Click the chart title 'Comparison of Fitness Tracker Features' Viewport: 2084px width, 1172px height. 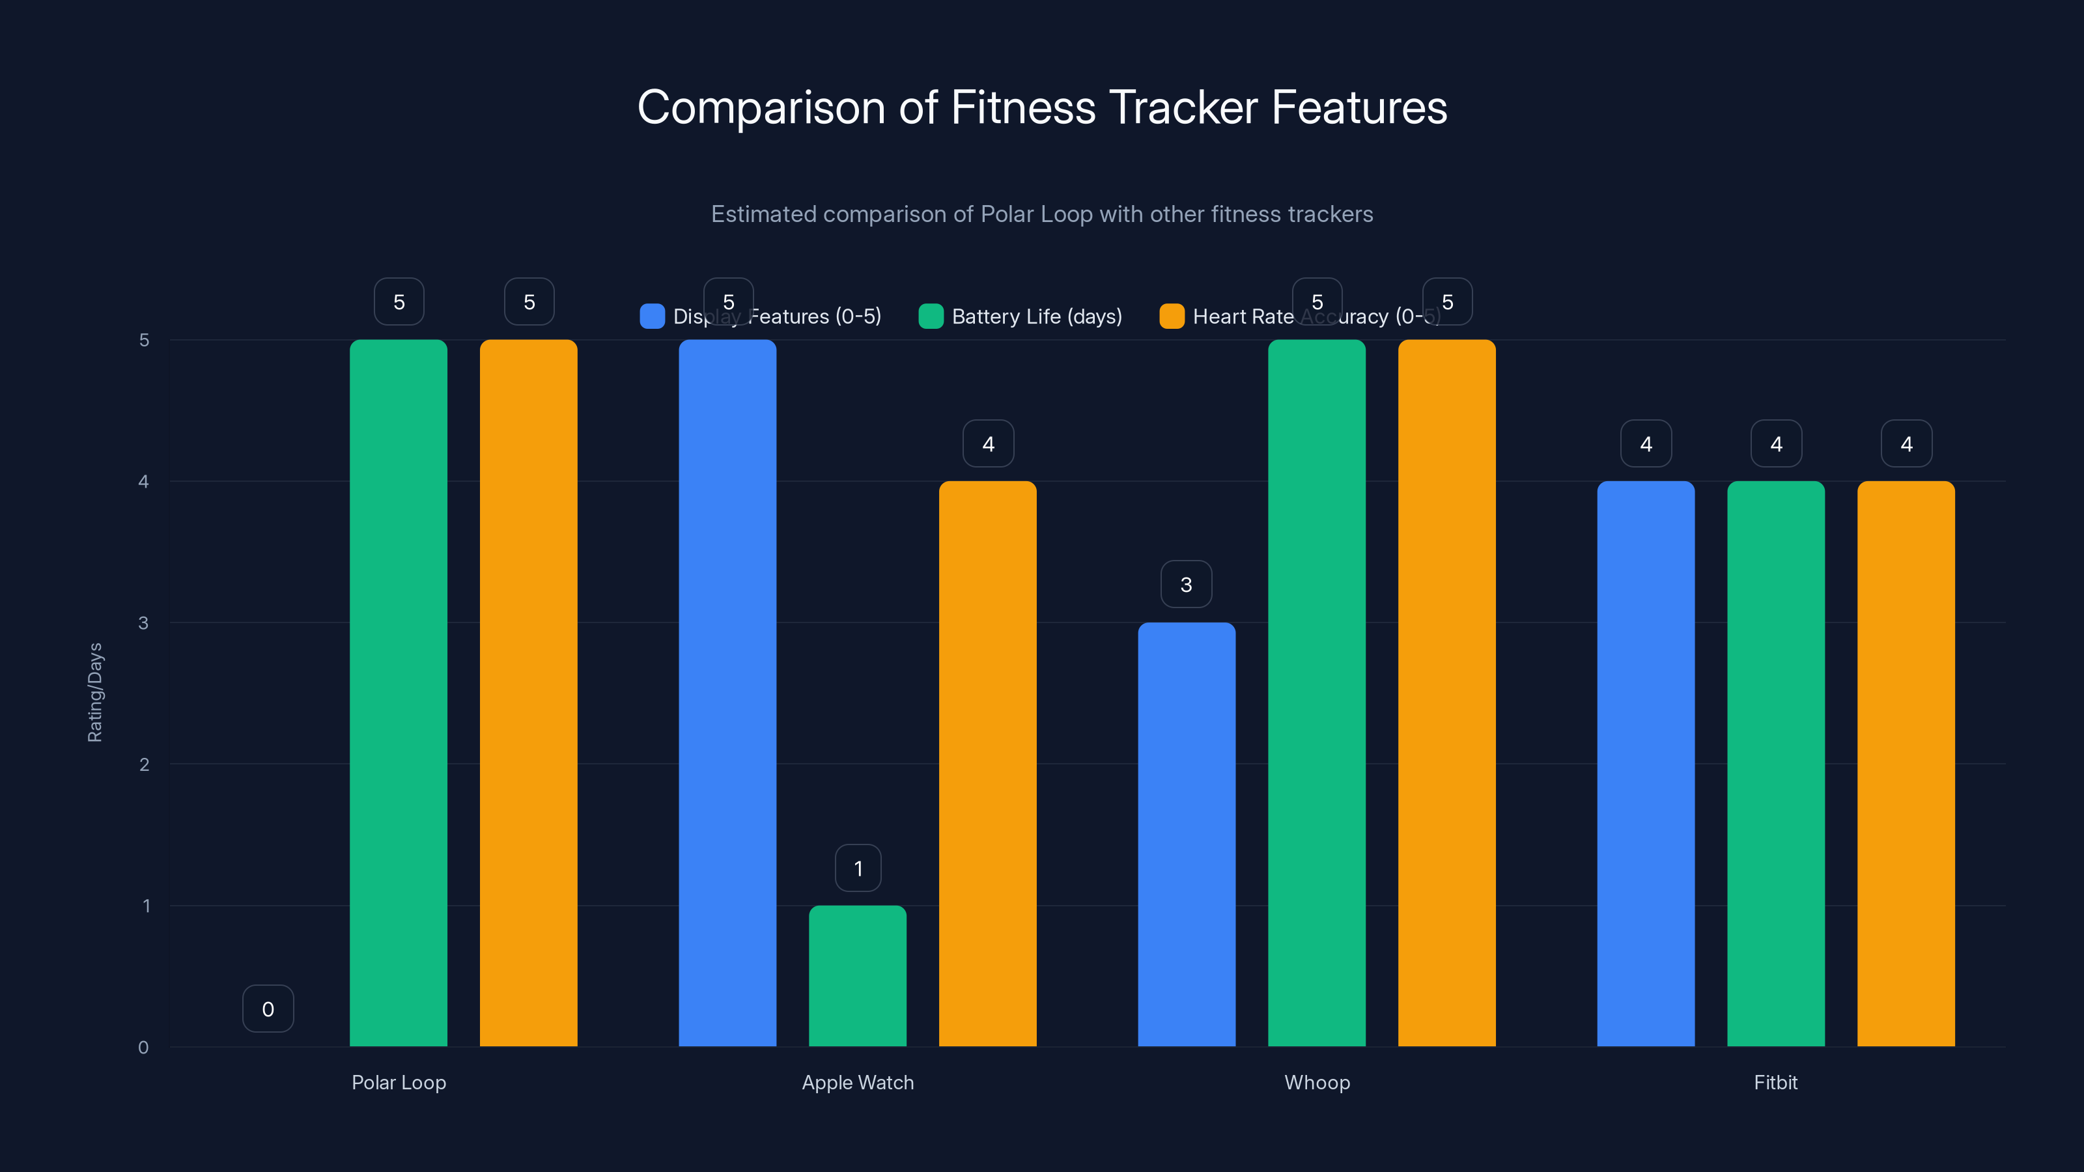point(1042,107)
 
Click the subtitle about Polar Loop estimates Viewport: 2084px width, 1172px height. point(1042,214)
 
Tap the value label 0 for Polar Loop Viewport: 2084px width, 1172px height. point(268,1009)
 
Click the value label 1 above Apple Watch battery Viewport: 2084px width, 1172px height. point(858,868)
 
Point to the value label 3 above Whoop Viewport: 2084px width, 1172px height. point(1186,584)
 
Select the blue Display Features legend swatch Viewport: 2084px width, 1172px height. point(652,316)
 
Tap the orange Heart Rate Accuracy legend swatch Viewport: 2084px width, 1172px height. point(1172,316)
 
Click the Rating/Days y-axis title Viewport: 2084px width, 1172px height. point(94,692)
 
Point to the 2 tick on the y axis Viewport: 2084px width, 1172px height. point(144,764)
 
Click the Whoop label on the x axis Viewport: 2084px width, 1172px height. point(1317,1082)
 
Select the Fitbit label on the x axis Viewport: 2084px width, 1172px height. point(1776,1082)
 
